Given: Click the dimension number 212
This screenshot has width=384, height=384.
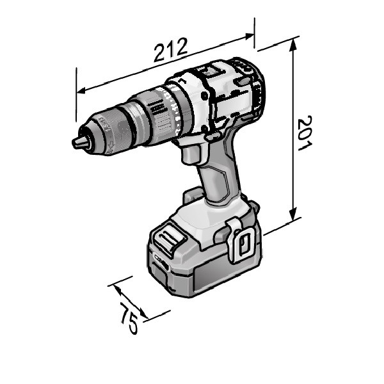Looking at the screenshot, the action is (x=170, y=50).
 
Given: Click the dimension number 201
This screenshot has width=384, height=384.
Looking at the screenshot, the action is (x=305, y=133).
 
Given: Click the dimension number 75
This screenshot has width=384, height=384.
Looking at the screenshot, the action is (x=129, y=318).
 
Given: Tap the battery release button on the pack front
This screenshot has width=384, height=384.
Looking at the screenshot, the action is (x=169, y=239).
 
